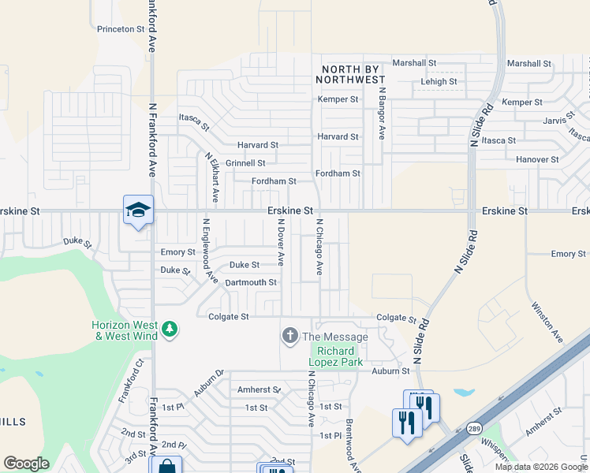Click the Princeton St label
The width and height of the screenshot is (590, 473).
pyautogui.click(x=121, y=29)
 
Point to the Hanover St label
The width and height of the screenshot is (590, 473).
pyautogui.click(x=537, y=159)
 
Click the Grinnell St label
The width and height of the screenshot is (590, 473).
pyautogui.click(x=245, y=163)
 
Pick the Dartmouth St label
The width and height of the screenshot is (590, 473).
pyautogui.click(x=251, y=282)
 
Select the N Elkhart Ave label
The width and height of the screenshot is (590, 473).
pyautogui.click(x=212, y=178)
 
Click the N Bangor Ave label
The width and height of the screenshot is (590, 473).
pyautogui.click(x=381, y=113)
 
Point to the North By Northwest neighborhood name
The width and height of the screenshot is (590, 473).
pyautogui.click(x=350, y=74)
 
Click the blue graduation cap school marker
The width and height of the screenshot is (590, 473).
pyautogui.click(x=138, y=210)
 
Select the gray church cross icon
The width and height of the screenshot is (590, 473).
pyautogui.click(x=289, y=337)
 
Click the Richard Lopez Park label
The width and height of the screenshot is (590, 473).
pyautogui.click(x=340, y=356)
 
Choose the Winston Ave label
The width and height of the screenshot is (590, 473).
pyautogui.click(x=547, y=322)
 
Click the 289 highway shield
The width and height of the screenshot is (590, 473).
pyautogui.click(x=473, y=429)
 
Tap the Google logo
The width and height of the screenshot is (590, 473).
pyautogui.click(x=26, y=464)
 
